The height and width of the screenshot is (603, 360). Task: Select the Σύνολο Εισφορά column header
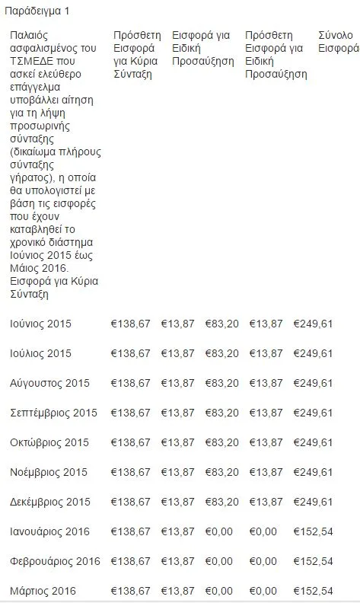pyautogui.click(x=338, y=42)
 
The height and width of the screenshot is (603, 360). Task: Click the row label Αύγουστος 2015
pyautogui.click(x=50, y=383)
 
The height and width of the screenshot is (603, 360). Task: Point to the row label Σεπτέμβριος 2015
pyautogui.click(x=54, y=413)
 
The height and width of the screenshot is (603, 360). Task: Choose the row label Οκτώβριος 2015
pyautogui.click(x=49, y=442)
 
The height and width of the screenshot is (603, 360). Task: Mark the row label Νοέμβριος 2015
pyautogui.click(x=49, y=472)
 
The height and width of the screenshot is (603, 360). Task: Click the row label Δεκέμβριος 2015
pyautogui.click(x=50, y=502)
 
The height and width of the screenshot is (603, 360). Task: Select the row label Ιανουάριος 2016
pyautogui.click(x=50, y=531)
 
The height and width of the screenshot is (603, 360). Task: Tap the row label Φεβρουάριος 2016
pyautogui.click(x=55, y=561)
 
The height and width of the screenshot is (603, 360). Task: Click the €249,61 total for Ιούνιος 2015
pyautogui.click(x=313, y=324)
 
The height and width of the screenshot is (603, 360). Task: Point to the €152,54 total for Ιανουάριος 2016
pyautogui.click(x=313, y=531)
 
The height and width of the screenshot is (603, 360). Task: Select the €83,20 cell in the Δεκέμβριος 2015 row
pyautogui.click(x=221, y=502)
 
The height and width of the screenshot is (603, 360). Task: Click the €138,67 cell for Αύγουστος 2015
pyautogui.click(x=130, y=383)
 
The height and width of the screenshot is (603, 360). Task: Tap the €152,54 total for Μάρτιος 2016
pyautogui.click(x=313, y=591)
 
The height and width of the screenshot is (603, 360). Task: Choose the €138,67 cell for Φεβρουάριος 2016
pyautogui.click(x=130, y=561)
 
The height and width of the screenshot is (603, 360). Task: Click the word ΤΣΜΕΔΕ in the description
pyautogui.click(x=32, y=61)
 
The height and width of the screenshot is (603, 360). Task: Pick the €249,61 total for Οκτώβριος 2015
pyautogui.click(x=313, y=442)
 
